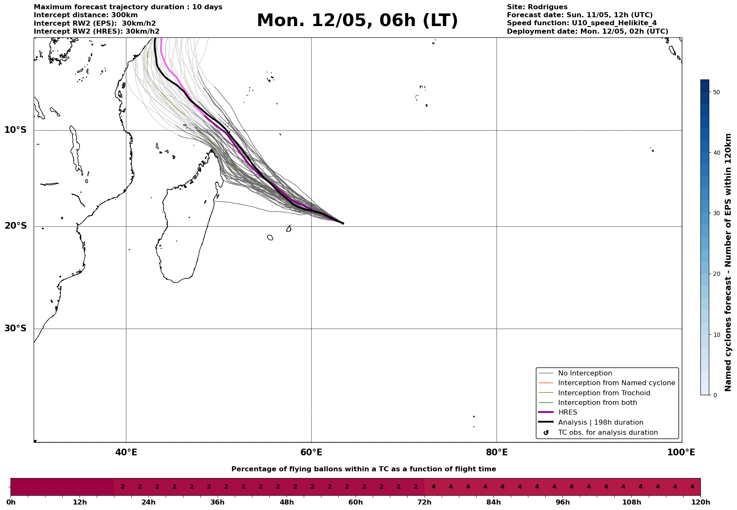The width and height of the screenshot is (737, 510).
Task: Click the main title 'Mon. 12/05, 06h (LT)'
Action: pos(357,21)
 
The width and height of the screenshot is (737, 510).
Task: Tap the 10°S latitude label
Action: pos(16,130)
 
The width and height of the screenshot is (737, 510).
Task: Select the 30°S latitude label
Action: pos(16,328)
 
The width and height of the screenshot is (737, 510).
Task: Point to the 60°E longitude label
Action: pos(311,453)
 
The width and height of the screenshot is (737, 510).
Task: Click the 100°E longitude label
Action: pos(681,453)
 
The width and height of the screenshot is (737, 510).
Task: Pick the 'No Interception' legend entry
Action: pos(585,373)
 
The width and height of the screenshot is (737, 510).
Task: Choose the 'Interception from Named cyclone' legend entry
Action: pos(616,383)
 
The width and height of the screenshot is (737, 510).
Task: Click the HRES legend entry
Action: pos(567,412)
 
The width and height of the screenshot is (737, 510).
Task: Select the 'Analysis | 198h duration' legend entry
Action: pos(600,423)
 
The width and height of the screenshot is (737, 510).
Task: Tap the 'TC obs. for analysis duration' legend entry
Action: pos(607,433)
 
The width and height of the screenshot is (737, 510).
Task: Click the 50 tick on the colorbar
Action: pos(716,92)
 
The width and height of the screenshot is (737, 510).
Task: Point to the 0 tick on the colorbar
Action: pos(715,395)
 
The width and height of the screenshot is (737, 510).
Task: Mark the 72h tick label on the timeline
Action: pos(424,502)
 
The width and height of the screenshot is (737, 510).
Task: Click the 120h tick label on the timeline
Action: pos(700,502)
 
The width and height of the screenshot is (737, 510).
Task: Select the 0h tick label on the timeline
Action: pos(11,502)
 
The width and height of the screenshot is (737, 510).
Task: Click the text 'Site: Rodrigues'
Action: pos(537,7)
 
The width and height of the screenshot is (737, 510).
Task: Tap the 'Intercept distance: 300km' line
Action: pos(85,15)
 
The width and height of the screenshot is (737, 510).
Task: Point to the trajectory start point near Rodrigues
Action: pos(343,223)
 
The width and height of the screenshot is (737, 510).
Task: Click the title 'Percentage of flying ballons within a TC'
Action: pos(363,469)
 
